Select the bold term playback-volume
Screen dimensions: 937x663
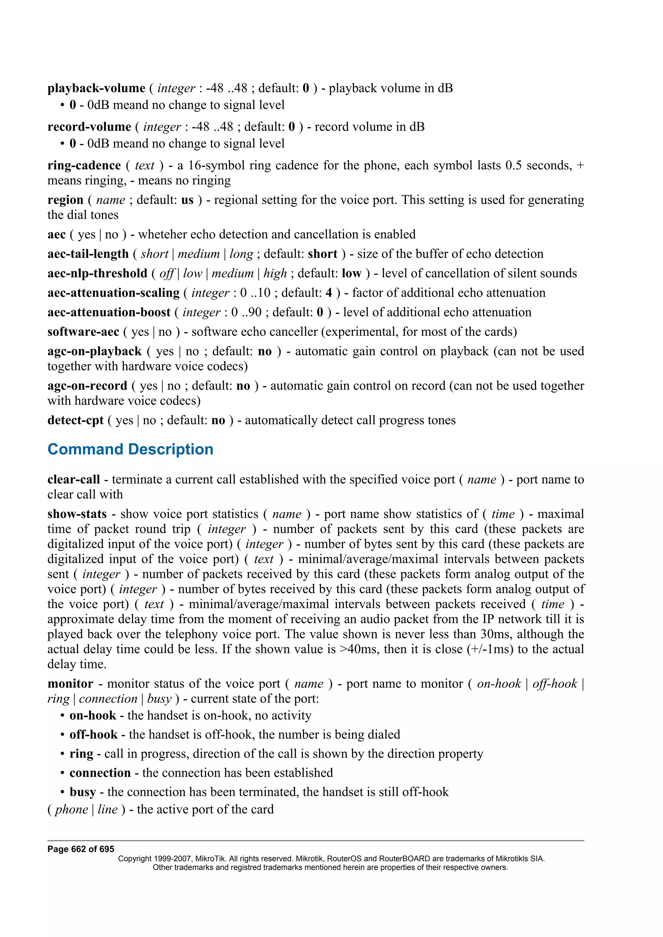coord(96,88)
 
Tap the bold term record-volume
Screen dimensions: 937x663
coord(89,127)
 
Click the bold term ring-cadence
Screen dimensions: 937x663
coord(84,165)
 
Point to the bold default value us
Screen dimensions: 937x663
coord(187,200)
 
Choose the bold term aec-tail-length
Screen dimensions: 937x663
coord(88,254)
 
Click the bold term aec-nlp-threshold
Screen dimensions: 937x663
coord(97,274)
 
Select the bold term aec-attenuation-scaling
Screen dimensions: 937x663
coord(113,293)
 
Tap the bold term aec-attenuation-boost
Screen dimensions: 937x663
coord(109,312)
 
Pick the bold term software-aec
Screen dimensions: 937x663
coord(83,332)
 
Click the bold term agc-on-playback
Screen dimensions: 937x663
coord(94,351)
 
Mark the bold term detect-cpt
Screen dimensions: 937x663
coord(75,420)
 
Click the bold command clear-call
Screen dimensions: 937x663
coord(73,479)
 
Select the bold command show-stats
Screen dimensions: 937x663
coord(77,514)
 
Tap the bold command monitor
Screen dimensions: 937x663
coord(70,684)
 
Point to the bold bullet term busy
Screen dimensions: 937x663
coord(83,792)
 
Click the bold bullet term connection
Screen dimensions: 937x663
coord(100,773)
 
